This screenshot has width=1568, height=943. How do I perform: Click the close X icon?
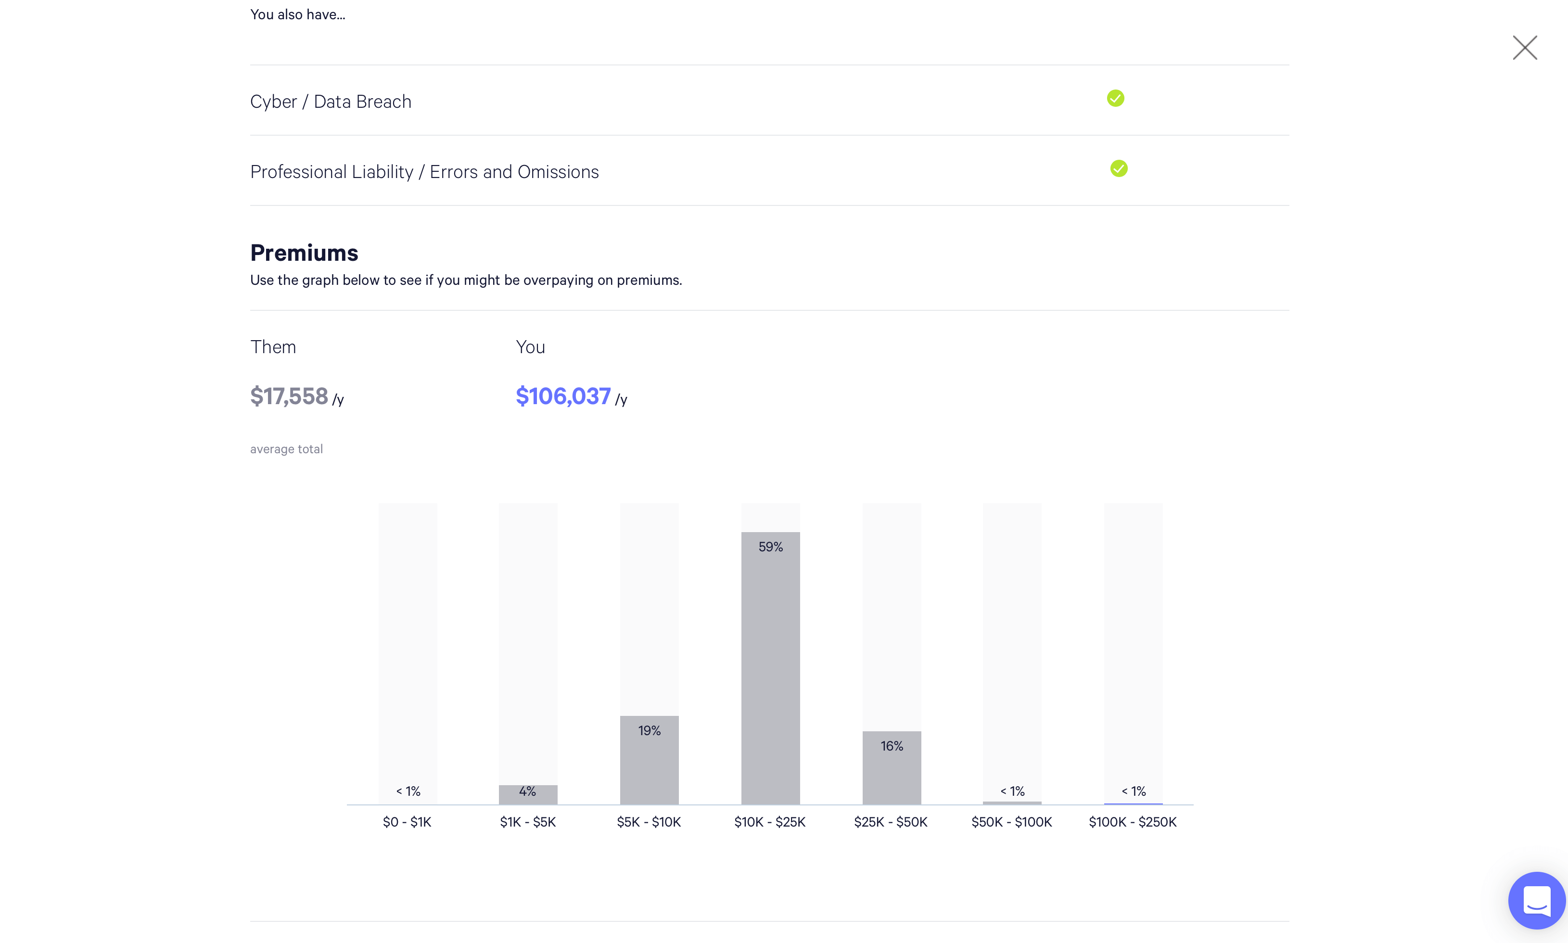(x=1524, y=48)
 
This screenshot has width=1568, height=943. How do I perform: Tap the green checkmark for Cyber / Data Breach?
(x=1115, y=99)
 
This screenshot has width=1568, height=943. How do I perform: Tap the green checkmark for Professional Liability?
(x=1118, y=168)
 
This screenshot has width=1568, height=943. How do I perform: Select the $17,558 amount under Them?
(x=289, y=396)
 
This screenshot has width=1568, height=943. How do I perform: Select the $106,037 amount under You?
(x=563, y=396)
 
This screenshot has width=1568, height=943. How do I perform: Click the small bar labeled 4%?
(x=527, y=795)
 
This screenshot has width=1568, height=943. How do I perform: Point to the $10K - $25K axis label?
(x=769, y=822)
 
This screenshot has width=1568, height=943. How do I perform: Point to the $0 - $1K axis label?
(x=407, y=822)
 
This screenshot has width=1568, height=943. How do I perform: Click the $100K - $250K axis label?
(x=1132, y=822)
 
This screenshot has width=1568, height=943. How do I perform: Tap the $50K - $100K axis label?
(x=1011, y=822)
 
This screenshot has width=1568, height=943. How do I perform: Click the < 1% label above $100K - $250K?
(x=1134, y=791)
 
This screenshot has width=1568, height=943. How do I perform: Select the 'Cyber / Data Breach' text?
(x=331, y=102)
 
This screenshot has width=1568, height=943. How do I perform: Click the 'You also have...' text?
(x=297, y=14)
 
